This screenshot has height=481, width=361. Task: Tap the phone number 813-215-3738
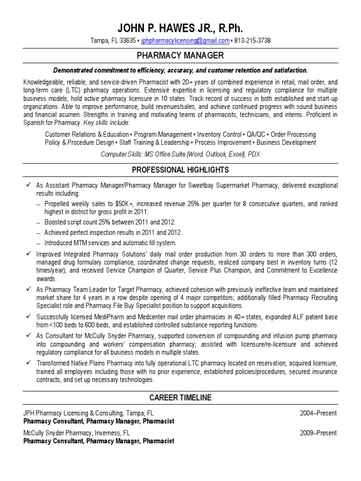pos(252,41)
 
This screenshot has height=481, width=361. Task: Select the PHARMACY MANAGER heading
pos(180,56)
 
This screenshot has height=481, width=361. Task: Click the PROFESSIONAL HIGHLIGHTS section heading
pos(180,170)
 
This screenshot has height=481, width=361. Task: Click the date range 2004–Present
pos(318,413)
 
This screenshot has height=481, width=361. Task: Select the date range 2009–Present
pos(318,433)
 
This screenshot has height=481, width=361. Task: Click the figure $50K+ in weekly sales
pos(125,204)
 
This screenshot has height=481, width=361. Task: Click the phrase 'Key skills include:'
pos(106,123)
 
